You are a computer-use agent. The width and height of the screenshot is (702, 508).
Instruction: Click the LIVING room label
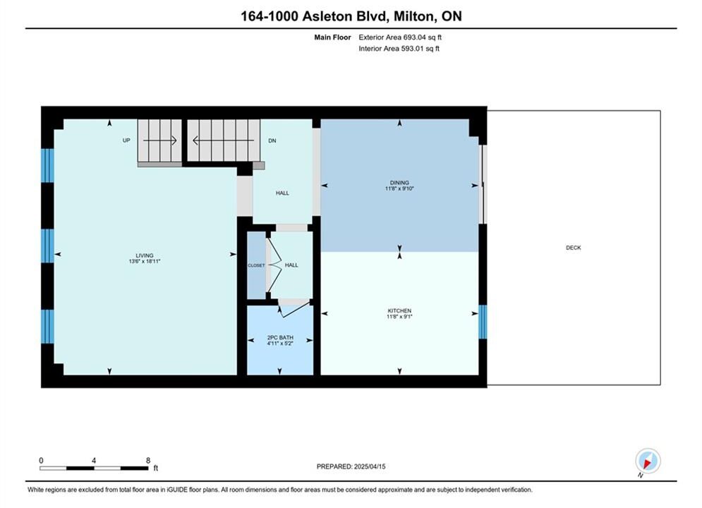coord(144,255)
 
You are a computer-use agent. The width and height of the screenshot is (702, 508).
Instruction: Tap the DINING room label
coord(399,183)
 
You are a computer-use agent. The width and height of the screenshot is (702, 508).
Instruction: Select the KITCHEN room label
coord(399,310)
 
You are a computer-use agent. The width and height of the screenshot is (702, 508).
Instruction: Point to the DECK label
coord(573,248)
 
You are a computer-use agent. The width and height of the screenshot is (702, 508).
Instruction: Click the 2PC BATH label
coord(280,337)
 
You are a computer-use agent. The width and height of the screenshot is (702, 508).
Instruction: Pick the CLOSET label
coord(257,265)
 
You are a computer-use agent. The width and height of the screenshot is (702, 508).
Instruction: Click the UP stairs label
coord(126,140)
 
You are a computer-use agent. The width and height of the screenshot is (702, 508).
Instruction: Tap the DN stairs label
coord(272,140)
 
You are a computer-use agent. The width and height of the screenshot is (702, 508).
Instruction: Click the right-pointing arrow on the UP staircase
coord(160,140)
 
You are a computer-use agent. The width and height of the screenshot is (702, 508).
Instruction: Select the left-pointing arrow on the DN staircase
coord(223,140)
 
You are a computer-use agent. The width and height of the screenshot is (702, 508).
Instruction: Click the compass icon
coord(648,461)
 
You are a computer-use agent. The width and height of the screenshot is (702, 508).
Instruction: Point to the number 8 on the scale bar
coord(148,460)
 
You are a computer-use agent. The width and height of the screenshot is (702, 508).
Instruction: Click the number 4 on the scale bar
coord(94,460)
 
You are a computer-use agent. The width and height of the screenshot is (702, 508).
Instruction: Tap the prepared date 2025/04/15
coord(370,466)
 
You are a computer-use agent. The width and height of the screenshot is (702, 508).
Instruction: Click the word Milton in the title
coord(413,16)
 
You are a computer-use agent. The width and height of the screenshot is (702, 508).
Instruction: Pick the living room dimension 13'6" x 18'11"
coord(144,261)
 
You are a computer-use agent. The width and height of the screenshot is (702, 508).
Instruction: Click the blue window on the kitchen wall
coord(483,322)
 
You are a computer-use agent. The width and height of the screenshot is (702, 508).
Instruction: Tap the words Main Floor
coord(332,37)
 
